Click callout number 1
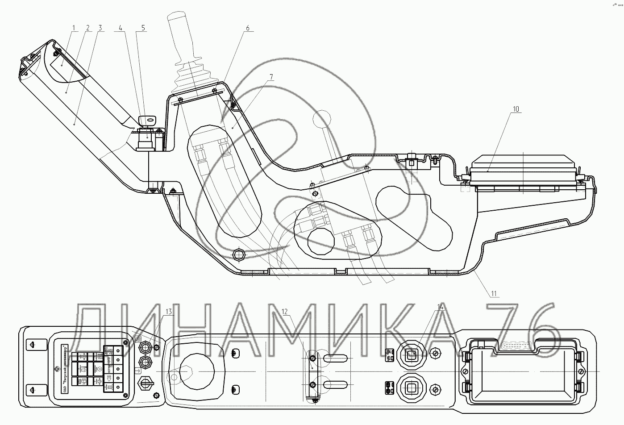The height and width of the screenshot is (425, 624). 74,27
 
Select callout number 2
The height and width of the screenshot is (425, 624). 87,27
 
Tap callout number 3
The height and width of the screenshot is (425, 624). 100,27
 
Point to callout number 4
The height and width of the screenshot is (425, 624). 120,27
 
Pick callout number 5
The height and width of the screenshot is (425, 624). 143,27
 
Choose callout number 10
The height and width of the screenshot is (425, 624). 516,108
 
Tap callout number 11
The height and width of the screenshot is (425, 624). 494,293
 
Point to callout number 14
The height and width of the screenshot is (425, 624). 441,307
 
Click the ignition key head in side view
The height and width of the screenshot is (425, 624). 149,120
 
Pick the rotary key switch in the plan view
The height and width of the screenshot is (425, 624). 146,382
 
